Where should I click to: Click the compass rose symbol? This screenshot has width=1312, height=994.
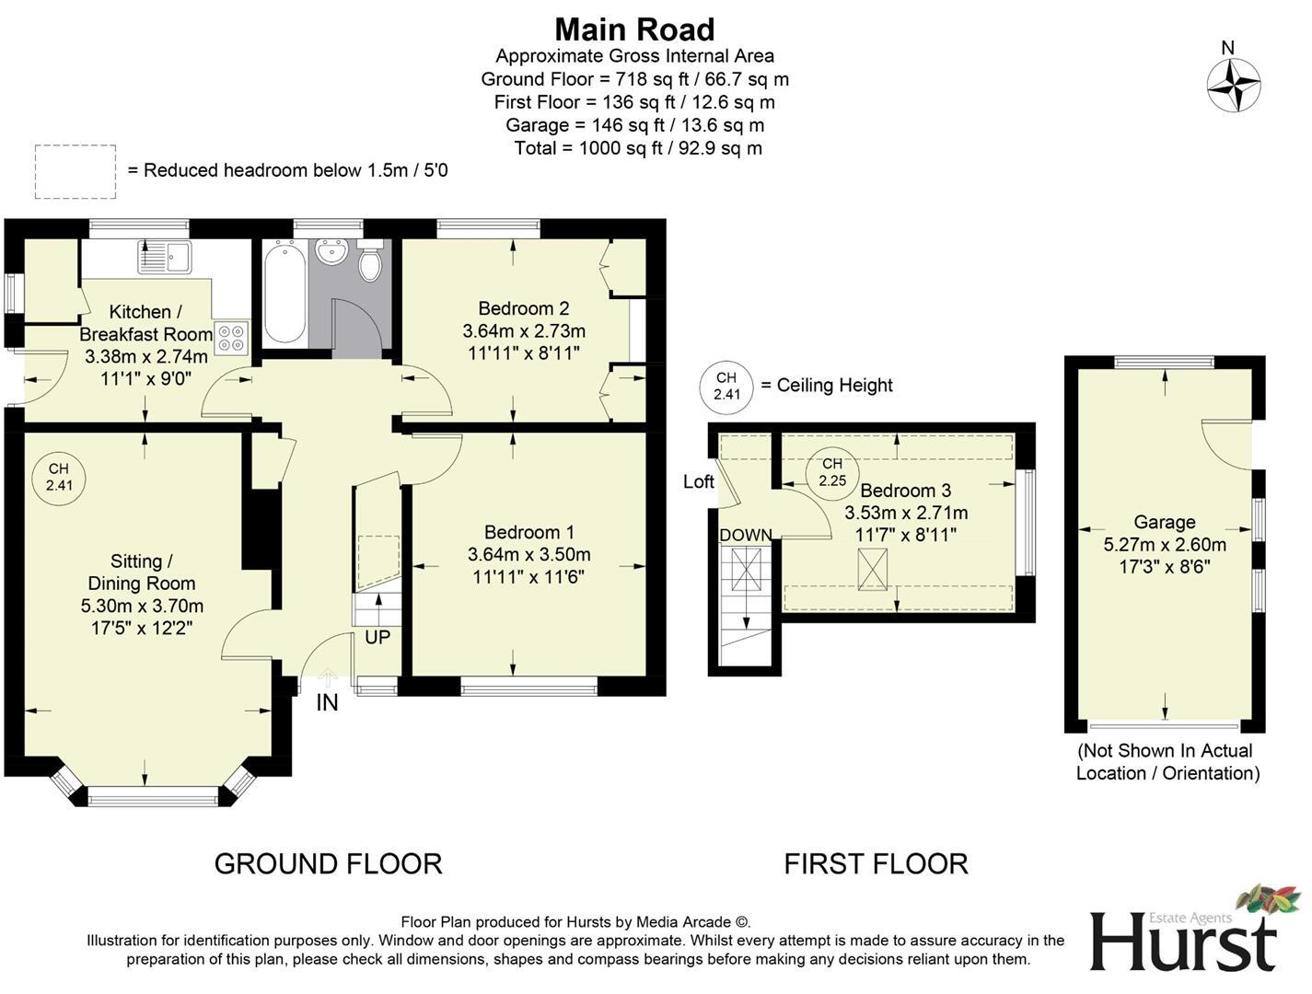point(1233,85)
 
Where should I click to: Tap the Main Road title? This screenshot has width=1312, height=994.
point(634,29)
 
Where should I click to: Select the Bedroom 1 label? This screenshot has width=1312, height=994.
point(529,532)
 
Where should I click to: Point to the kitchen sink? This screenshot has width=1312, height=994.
point(165,256)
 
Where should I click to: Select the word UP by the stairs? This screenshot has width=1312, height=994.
point(377,638)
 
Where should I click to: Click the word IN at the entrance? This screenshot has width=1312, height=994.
point(327,702)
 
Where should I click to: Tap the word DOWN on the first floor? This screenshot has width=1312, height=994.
point(746,536)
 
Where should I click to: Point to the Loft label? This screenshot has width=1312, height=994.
point(699,481)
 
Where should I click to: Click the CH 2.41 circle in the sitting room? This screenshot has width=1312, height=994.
point(59,478)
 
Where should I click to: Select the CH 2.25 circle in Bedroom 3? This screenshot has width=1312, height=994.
point(832,472)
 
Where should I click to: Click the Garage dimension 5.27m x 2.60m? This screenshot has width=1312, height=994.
point(1165,544)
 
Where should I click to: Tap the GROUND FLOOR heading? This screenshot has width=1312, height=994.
point(328,864)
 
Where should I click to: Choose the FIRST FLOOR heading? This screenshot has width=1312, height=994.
point(876,864)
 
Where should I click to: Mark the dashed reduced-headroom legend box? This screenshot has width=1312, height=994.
point(75,171)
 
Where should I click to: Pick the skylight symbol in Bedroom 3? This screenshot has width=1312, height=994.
point(872,570)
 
